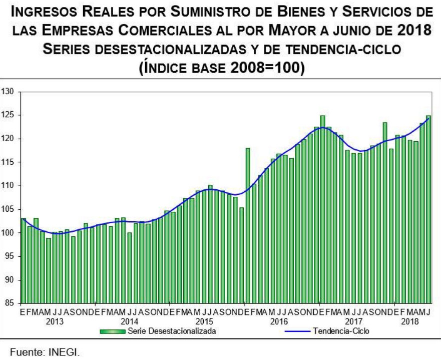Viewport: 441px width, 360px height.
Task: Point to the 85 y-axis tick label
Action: point(10,303)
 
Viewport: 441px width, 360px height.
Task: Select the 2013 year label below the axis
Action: point(55,321)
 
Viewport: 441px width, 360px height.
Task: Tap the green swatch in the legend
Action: point(113,331)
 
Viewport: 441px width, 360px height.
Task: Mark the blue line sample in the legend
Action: point(298,331)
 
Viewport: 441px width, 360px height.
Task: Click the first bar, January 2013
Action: point(24,260)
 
